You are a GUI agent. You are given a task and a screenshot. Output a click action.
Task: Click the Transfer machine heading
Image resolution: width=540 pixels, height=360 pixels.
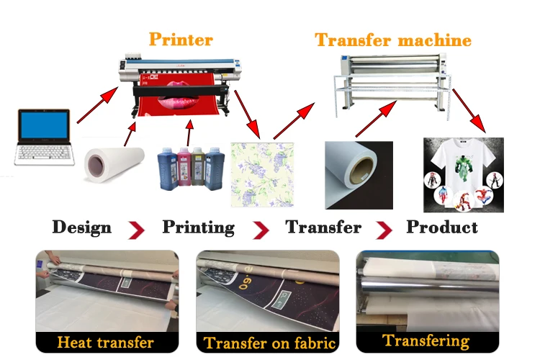coord(392,39)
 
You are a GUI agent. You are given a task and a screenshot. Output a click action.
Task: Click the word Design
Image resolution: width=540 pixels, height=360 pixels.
coord(81,228)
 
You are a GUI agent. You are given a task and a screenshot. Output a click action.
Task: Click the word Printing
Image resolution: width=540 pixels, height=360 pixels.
coord(198,228)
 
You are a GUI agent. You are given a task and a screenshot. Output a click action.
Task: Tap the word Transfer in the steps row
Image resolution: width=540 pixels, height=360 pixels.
coord(323,228)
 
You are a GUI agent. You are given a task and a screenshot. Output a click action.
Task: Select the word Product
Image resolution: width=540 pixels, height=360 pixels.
coord(442,228)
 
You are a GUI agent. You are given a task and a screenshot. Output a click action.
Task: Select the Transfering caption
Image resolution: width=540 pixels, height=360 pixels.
coord(426,341)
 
